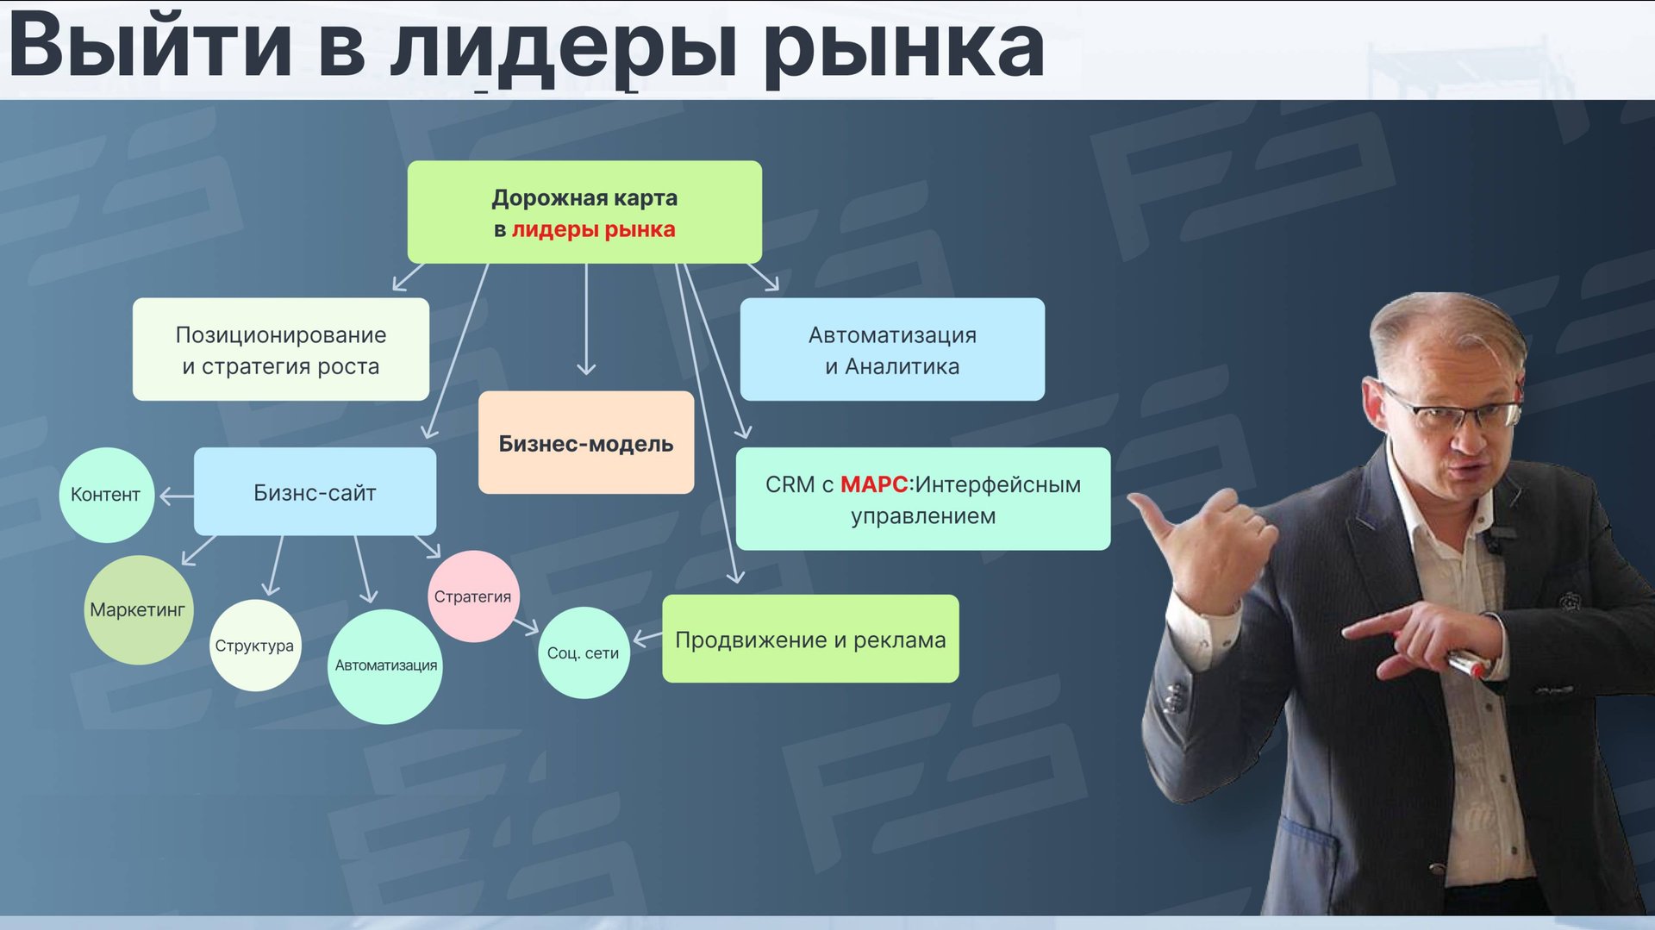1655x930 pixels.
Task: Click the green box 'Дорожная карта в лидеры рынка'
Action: (x=584, y=212)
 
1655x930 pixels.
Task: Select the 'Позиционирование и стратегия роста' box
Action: (x=281, y=349)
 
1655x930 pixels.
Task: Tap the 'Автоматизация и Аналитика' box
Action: (x=892, y=349)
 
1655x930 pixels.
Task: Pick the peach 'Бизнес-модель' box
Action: (x=586, y=442)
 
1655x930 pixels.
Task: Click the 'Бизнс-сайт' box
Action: (x=315, y=491)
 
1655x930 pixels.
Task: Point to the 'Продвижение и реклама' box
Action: (x=810, y=639)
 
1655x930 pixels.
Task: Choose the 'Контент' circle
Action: (x=106, y=495)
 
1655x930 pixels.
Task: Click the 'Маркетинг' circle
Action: (x=138, y=609)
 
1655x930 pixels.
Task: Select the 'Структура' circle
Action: (x=255, y=646)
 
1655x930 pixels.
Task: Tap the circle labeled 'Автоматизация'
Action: (x=385, y=666)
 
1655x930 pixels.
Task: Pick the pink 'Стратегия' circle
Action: (x=472, y=596)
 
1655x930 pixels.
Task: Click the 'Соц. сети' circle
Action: (x=584, y=652)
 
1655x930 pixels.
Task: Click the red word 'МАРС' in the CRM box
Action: (x=874, y=484)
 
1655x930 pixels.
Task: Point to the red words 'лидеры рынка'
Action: (x=593, y=230)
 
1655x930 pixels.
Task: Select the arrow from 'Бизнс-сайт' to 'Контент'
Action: (x=177, y=496)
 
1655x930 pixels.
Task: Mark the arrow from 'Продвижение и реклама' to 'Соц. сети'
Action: (x=647, y=638)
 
